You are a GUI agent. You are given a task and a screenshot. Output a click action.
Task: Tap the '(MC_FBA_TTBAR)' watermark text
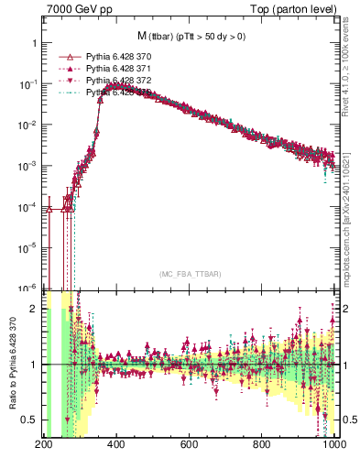point(190,275)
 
